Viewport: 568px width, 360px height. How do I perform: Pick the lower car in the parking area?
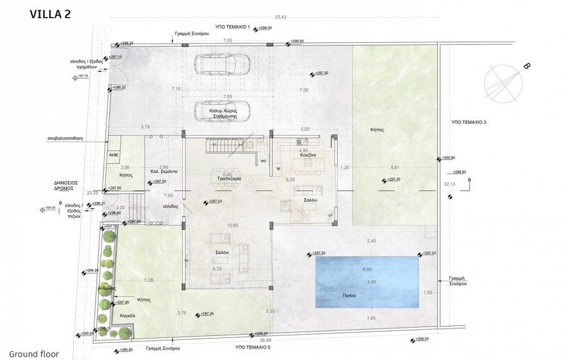pos(220,109)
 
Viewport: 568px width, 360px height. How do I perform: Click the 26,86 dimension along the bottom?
pos(274,339)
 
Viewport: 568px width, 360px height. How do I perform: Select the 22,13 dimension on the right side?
pos(449,184)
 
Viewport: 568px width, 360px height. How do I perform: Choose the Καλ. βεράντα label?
pos(163,171)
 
